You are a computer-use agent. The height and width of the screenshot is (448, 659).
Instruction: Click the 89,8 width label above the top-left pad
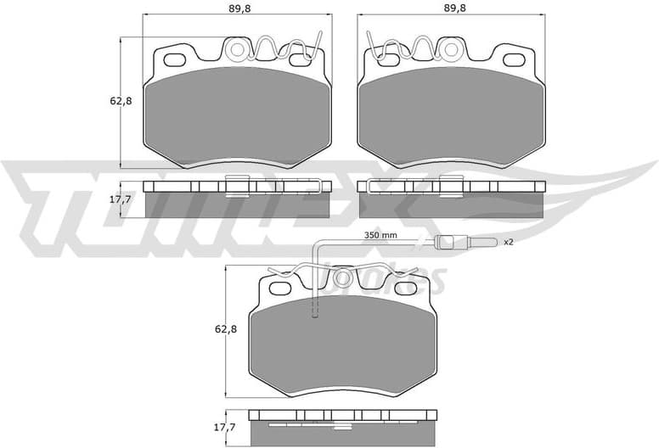pos(237,8)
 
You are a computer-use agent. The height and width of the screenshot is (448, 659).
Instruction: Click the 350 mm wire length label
pos(380,235)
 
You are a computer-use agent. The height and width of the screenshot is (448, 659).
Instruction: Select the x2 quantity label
pos(508,243)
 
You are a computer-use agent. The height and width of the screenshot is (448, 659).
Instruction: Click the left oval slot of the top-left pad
pos(177,60)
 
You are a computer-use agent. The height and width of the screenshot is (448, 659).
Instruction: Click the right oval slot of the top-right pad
pos(515,60)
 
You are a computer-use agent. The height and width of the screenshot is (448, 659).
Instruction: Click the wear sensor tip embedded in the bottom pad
pos(315,316)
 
